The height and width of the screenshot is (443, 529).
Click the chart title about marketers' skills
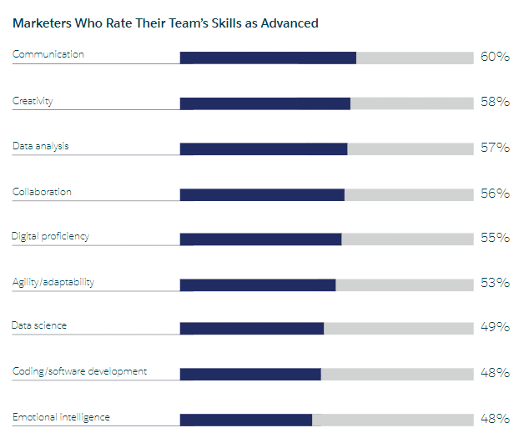point(165,23)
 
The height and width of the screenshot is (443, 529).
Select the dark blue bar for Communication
point(268,58)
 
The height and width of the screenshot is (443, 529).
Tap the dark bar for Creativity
point(265,103)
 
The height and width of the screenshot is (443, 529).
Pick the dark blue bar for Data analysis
point(264,149)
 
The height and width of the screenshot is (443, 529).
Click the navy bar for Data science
point(252,329)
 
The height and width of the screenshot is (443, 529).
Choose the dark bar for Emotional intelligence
point(246,420)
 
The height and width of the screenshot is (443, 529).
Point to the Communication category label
point(48,54)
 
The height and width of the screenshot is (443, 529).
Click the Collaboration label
point(42,192)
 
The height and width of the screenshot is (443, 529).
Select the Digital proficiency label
point(50,236)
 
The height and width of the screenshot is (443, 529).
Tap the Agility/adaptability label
point(53,282)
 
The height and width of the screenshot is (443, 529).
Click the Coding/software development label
point(79,371)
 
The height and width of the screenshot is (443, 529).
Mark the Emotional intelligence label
point(61,417)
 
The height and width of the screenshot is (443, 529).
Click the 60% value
point(495,58)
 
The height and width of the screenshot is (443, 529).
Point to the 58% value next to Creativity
point(495,103)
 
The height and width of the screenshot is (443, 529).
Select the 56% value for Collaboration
point(495,194)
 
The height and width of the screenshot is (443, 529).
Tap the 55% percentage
point(495,238)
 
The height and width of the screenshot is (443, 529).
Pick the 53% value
point(495,283)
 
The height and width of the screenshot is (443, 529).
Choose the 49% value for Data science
point(495,327)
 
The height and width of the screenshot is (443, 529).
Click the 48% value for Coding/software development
point(495,373)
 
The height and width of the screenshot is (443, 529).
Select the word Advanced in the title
point(288,23)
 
